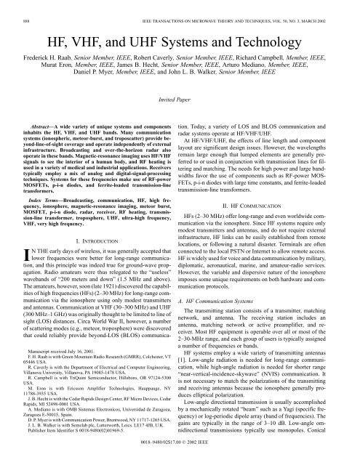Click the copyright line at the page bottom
[x=180, y=460]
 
